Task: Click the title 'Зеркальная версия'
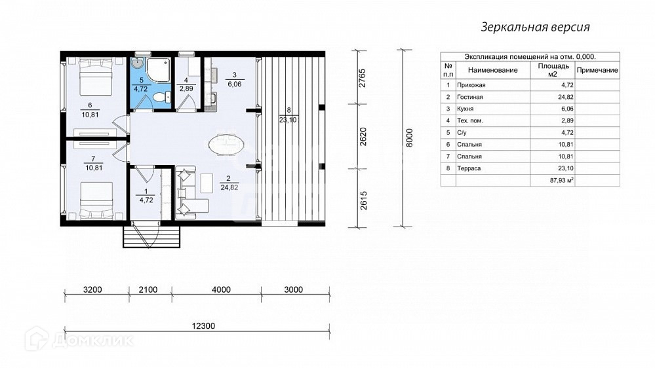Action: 535,27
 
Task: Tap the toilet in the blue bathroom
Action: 161,97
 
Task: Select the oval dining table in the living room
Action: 226,145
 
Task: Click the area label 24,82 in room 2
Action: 229,187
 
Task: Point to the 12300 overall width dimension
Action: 203,326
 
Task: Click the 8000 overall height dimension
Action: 409,138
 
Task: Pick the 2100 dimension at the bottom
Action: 148,289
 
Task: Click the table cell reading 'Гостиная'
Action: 470,97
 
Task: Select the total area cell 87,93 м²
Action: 563,180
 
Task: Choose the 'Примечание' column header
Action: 597,70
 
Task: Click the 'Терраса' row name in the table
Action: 469,168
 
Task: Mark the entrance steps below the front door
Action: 151,236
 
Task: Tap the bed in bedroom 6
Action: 96,77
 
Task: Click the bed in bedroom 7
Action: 96,200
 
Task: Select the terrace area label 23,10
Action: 288,120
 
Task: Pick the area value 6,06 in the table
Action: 567,109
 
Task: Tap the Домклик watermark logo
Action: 79,339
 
